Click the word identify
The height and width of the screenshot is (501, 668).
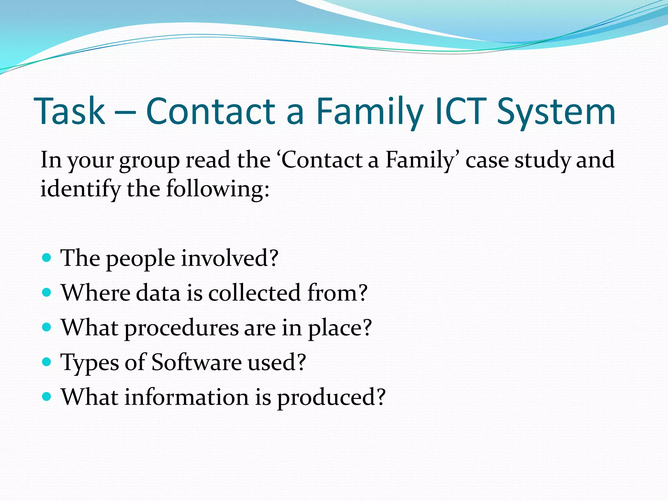[x=80, y=190]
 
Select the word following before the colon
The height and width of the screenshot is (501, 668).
[x=214, y=190]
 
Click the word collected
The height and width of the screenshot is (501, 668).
[x=254, y=293]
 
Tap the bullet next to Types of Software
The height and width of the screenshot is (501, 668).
[x=47, y=362]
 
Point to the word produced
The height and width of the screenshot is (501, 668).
[x=326, y=398]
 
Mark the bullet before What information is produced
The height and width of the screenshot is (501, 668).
[x=47, y=397]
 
